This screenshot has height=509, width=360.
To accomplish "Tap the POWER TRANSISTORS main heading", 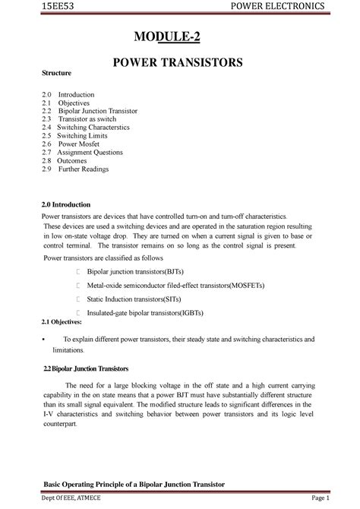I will [x=178, y=62].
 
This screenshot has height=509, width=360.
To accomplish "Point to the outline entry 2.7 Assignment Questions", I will [x=88, y=152].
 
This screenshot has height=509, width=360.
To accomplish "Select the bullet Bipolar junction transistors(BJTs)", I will [x=140, y=270].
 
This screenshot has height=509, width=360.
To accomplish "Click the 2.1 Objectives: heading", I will [x=65, y=322].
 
